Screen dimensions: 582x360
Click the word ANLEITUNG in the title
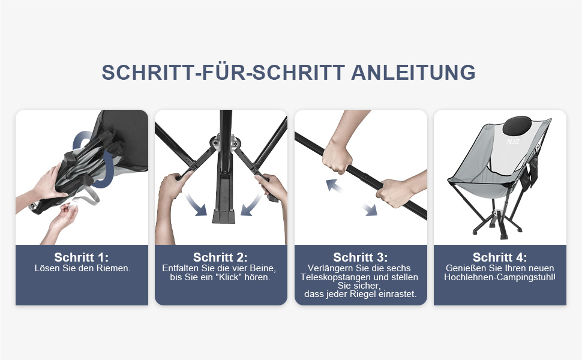[413, 73]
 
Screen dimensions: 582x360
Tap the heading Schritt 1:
[81, 257]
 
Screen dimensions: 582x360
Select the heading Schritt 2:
[220, 257]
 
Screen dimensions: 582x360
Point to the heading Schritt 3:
[361, 257]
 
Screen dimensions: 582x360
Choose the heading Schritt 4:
[500, 257]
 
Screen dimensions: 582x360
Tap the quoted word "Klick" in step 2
[229, 277]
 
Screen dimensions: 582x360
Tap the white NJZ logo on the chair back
[514, 142]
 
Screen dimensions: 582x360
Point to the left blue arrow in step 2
[196, 205]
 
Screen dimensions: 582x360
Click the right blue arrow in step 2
[251, 205]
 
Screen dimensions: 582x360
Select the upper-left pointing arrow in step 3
[334, 185]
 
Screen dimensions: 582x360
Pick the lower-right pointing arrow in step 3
[370, 209]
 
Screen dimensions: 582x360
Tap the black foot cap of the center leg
[223, 217]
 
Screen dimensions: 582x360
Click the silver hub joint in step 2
[224, 143]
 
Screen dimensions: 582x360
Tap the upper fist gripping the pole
[336, 157]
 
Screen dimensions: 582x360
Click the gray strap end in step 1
[88, 196]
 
